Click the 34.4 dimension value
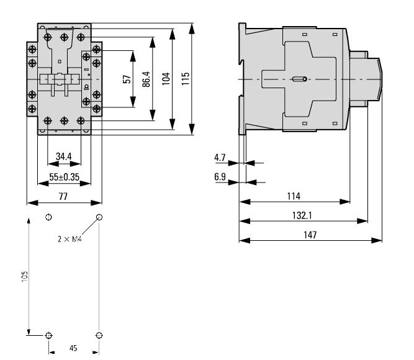point(63,156)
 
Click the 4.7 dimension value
point(220,158)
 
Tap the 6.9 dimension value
point(220,177)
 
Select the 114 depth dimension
point(294,196)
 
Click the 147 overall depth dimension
point(310,235)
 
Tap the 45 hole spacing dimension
point(73,349)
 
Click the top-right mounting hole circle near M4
point(99,217)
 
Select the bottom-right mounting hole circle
point(99,335)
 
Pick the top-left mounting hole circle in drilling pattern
point(50,217)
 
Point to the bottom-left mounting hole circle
point(50,335)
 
